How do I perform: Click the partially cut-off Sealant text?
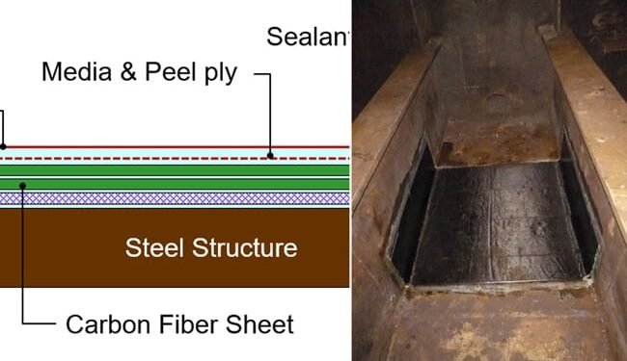tap(307, 38)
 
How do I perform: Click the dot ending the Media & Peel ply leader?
tap(270, 154)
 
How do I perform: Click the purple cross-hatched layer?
tap(174, 198)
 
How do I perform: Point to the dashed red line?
tap(174, 156)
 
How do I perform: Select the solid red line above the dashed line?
tap(174, 147)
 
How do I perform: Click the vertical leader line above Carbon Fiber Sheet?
tap(22, 260)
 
